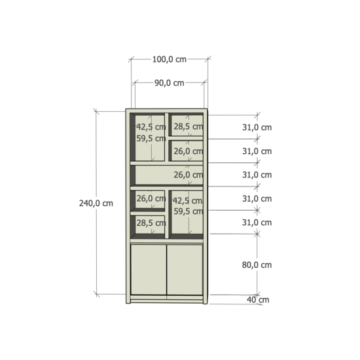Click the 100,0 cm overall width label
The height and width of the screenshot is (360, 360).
click(x=169, y=60)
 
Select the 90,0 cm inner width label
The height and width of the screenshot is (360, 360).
click(x=169, y=83)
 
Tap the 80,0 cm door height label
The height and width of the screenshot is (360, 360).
click(x=257, y=265)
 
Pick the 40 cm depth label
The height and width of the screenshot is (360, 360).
click(x=259, y=300)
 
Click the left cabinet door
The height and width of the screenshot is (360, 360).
click(x=149, y=269)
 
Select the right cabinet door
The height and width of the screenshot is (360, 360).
click(x=185, y=269)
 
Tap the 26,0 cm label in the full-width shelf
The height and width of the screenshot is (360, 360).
click(x=188, y=175)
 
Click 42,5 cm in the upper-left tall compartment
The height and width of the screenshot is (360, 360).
click(x=151, y=127)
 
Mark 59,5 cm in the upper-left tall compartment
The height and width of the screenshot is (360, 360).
click(x=151, y=139)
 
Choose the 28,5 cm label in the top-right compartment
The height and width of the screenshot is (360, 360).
click(x=188, y=126)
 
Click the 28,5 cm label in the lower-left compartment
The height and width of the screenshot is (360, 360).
click(x=151, y=223)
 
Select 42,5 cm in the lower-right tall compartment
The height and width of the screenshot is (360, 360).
click(x=187, y=200)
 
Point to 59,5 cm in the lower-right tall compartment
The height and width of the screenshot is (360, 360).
click(x=187, y=211)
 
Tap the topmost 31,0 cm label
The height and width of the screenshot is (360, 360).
click(x=257, y=127)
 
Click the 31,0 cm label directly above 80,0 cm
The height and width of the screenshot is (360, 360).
click(x=257, y=223)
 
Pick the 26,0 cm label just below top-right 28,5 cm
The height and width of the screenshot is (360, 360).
click(x=188, y=151)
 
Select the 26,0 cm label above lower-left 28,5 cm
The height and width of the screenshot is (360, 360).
click(x=151, y=198)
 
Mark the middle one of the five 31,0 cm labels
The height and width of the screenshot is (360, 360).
click(x=257, y=175)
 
